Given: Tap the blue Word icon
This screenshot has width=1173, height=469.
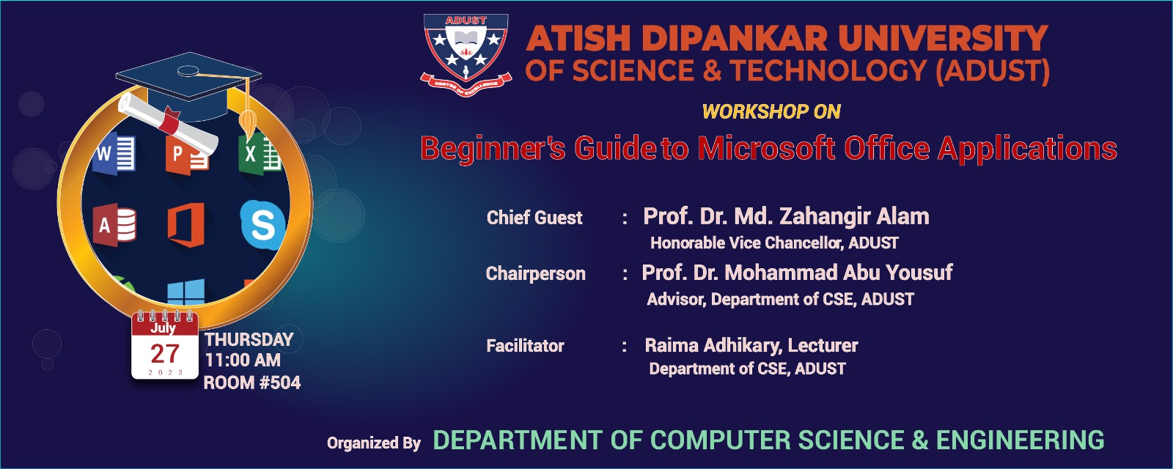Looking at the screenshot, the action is tap(114, 153).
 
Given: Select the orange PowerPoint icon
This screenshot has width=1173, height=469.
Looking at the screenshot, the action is tap(186, 155).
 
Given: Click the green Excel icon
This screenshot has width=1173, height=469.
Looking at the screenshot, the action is tap(260, 154).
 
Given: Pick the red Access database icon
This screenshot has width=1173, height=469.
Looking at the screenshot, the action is tap(114, 225).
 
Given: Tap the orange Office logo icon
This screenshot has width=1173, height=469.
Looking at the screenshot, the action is tap(186, 224).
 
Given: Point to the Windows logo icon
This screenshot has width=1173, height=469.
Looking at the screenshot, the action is tap(186, 292).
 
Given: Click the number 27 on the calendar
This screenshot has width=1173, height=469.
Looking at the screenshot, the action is tap(165, 354).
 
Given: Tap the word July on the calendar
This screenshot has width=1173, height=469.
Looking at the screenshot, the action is tap(163, 328).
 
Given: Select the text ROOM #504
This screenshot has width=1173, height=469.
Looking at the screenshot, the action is tap(252, 383).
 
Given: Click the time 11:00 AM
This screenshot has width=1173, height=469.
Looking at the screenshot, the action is tap(243, 360).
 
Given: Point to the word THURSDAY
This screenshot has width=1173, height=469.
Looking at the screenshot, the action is tap(249, 339).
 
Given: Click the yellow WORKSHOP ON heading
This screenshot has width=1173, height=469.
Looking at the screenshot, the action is tap(771, 111).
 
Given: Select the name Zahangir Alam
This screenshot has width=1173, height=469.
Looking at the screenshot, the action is tap(855, 216).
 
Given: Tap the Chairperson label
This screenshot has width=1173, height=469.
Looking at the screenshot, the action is tap(535, 273).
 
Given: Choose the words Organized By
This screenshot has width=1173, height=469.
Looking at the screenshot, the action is tap(374, 443).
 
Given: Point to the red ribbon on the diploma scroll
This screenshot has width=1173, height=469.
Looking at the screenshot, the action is tap(169, 121).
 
